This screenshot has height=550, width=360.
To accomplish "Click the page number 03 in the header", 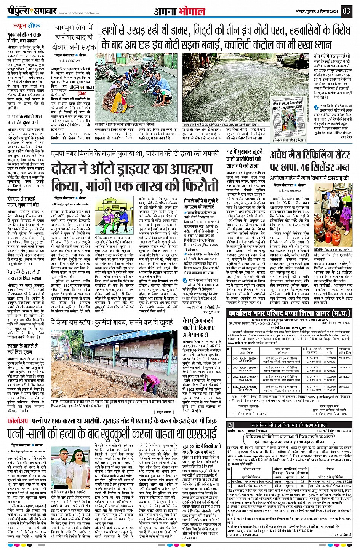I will [346, 11].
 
